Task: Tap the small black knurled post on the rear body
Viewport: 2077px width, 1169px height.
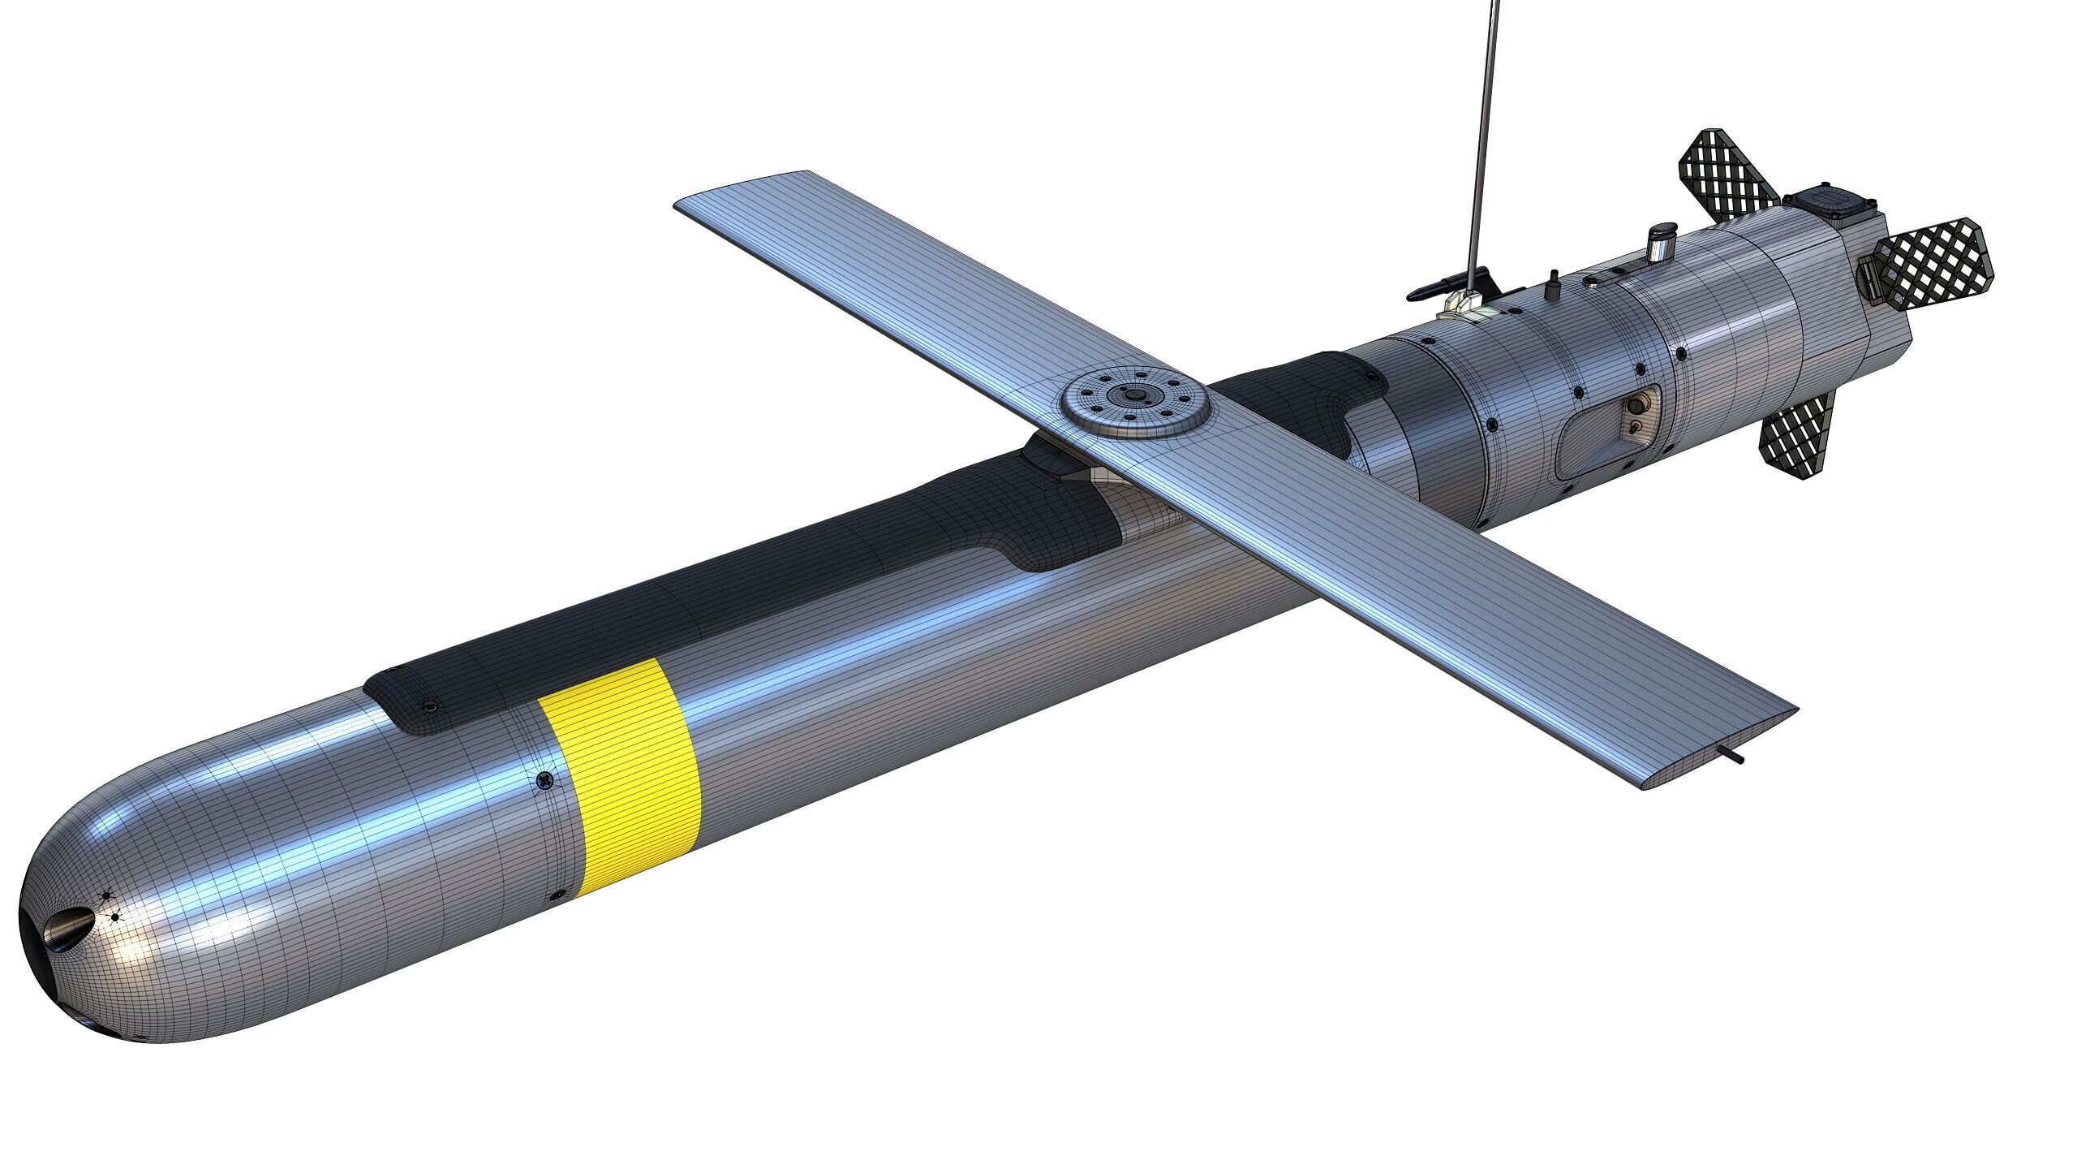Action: click(1555, 287)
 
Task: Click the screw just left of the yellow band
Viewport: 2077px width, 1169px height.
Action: click(544, 780)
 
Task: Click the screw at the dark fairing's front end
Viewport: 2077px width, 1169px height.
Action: click(428, 707)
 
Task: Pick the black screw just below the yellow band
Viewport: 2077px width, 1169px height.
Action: click(556, 895)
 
